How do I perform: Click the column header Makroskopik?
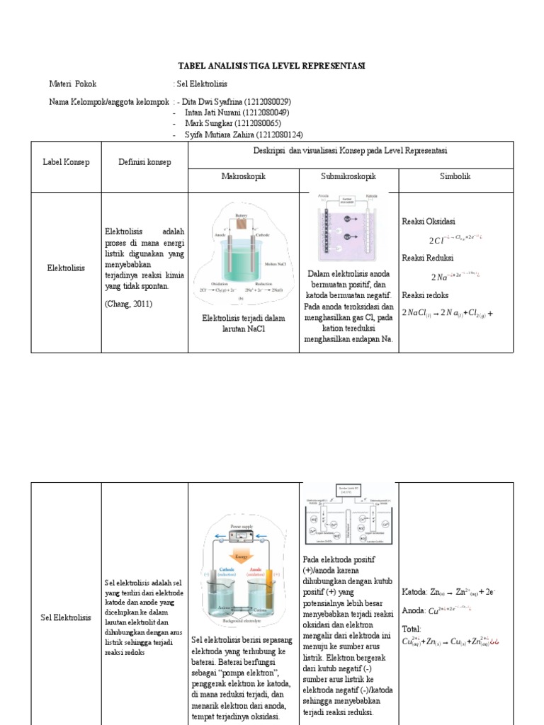244,176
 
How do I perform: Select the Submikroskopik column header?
348,176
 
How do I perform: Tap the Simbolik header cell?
455,176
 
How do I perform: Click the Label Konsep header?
67,162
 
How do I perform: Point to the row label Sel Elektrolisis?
67,617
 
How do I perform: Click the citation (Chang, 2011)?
128,304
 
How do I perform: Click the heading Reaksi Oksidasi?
429,221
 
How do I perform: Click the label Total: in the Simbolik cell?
412,629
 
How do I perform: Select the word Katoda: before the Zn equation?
415,591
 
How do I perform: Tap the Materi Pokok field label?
73,84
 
